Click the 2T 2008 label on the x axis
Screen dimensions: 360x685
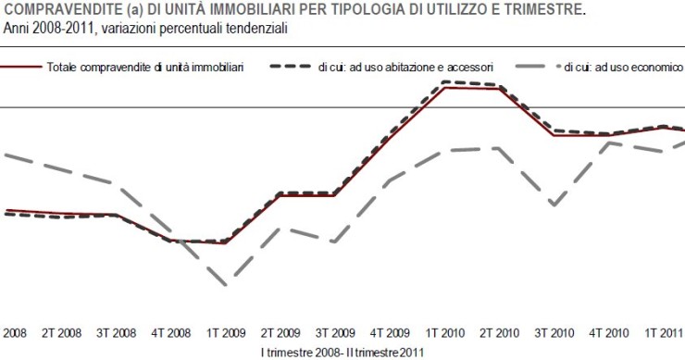coord(62,331)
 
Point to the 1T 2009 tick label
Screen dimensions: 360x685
coord(225,331)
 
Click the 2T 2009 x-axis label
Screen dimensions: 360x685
coord(280,331)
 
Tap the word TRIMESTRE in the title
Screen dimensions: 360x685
coord(546,9)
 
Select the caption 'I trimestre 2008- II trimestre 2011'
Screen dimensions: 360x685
coord(342,352)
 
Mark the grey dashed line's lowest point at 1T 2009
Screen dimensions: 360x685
coord(225,285)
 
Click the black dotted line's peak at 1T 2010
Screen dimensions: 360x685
coord(445,81)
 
